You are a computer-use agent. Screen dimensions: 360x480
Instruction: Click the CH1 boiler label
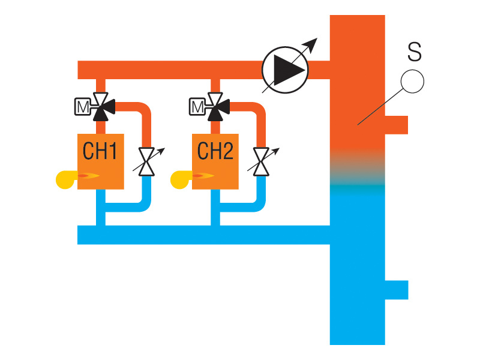pos(100,151)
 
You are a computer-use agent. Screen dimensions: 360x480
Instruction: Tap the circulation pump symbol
pos(285,70)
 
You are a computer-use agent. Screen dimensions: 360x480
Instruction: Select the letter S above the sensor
pos(414,52)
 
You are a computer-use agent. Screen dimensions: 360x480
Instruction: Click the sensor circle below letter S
pos(412,81)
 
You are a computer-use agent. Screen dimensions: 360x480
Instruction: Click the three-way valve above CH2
pos(216,105)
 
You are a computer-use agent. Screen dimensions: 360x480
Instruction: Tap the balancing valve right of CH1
pos(146,161)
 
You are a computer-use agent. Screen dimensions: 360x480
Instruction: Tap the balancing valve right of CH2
pos(261,161)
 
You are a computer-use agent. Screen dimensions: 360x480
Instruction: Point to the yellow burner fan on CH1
pos(65,178)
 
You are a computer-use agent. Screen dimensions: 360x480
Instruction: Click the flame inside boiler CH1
pos(89,176)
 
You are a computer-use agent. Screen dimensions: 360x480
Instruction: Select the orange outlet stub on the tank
pos(396,125)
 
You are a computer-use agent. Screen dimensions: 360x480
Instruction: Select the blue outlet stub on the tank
pos(396,290)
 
